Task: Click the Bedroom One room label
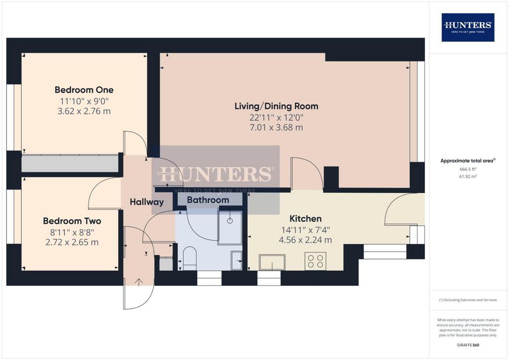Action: point(84,90)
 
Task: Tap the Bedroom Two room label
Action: point(72,221)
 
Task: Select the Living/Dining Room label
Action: point(276,106)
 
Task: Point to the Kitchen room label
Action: point(306,218)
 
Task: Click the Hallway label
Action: point(147,202)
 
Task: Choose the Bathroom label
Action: point(208,200)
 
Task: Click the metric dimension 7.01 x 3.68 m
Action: point(276,127)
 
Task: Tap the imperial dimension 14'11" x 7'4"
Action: point(306,230)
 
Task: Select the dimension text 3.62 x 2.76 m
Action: point(84,111)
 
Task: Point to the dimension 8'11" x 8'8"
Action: point(72,232)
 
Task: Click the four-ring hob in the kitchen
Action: point(316,261)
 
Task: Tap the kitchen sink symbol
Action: point(272,262)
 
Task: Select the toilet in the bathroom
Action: point(190,259)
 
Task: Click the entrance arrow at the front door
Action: point(139,282)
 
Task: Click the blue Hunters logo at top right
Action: point(468,27)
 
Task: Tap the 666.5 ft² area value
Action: point(468,169)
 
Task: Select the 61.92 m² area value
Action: point(468,177)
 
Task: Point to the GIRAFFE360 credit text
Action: point(468,345)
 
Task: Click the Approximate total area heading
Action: point(468,161)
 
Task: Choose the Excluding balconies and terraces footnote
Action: point(468,300)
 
